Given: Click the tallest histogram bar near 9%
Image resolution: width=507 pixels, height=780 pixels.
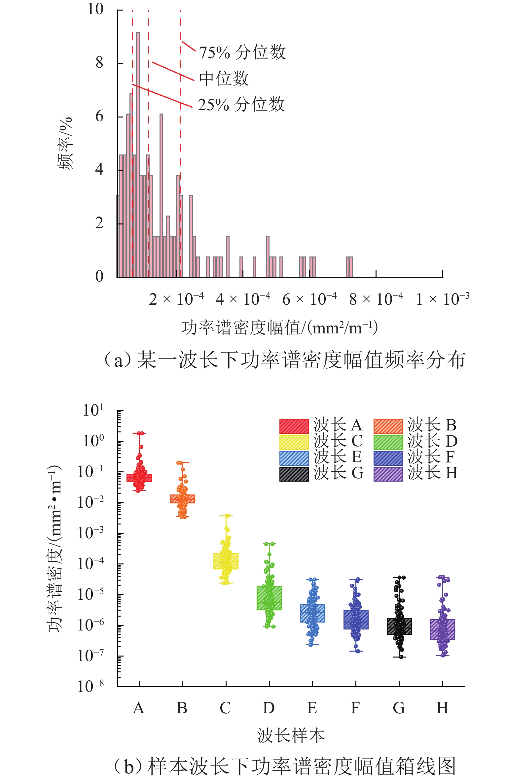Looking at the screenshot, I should pyautogui.click(x=138, y=155).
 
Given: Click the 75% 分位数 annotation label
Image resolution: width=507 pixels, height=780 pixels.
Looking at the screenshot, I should pyautogui.click(x=242, y=52).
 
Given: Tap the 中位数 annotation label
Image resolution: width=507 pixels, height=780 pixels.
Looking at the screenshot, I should pyautogui.click(x=224, y=79).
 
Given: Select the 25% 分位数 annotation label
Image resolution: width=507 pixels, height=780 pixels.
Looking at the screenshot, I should pyautogui.click(x=241, y=105).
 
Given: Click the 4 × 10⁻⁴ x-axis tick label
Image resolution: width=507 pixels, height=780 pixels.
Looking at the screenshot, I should pyautogui.click(x=243, y=299).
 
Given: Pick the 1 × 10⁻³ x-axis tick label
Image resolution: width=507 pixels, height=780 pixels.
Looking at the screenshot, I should pyautogui.click(x=443, y=299).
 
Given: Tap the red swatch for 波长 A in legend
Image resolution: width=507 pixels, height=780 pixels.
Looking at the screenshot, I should pyautogui.click(x=294, y=426).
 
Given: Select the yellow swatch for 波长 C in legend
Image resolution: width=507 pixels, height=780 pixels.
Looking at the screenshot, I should pyautogui.click(x=294, y=442).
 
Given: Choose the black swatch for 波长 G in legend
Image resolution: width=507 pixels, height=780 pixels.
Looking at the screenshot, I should pyautogui.click(x=294, y=474).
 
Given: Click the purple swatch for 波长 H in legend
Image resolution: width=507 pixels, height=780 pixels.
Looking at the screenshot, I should pyautogui.click(x=388, y=474).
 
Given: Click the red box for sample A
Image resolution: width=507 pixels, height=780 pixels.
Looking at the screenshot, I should pyautogui.click(x=139, y=478).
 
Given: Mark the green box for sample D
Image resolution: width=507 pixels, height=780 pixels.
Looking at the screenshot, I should pyautogui.click(x=269, y=598).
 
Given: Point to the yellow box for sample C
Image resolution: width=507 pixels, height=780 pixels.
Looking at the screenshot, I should pyautogui.click(x=226, y=561).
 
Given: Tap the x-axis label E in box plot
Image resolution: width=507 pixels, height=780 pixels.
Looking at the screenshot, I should pyautogui.click(x=312, y=708).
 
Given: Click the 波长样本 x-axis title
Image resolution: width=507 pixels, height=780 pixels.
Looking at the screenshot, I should pyautogui.click(x=291, y=736).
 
